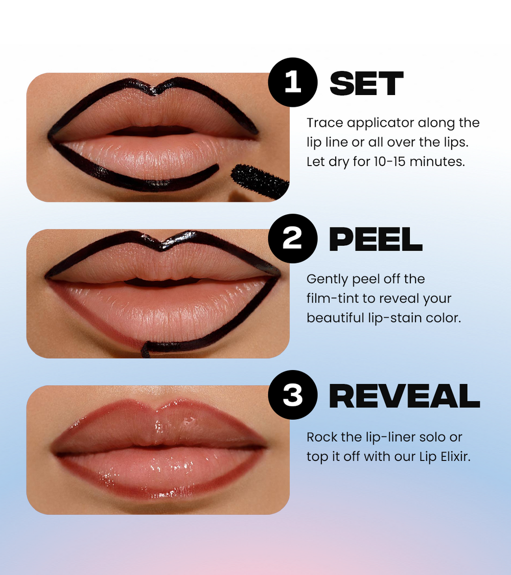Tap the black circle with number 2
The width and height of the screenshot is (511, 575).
coord(293,239)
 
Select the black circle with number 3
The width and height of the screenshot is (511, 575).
coord(293,395)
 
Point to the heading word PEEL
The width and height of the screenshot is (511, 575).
coord(376,240)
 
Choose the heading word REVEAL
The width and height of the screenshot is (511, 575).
coord(404,396)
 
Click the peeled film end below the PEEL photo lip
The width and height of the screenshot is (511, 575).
coord(146,350)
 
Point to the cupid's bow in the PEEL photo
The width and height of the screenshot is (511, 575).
coord(161,246)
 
